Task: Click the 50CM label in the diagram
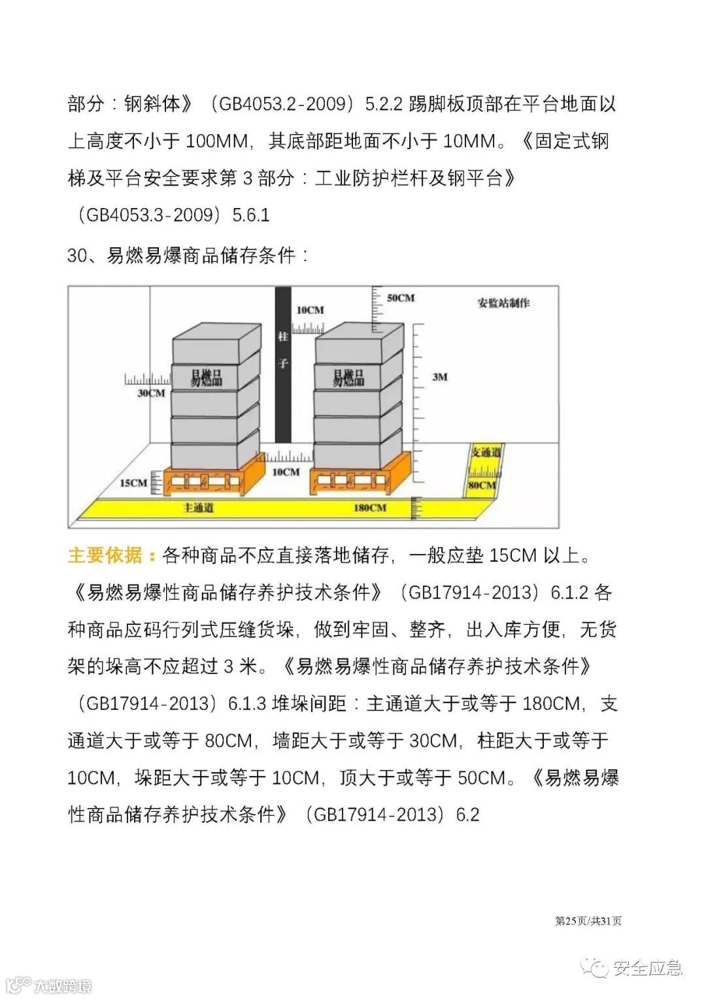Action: point(400,298)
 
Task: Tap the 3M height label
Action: point(439,377)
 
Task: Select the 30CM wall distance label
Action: point(151,393)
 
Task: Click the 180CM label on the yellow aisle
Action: point(369,508)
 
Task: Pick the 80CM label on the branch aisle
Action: point(482,485)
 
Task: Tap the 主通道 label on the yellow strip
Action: point(198,508)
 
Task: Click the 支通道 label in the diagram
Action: point(486,452)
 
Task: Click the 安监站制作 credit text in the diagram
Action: point(503,303)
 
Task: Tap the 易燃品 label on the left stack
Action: point(206,377)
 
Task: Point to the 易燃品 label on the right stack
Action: point(348,377)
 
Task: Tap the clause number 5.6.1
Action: point(251,215)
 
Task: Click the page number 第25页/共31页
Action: point(588,920)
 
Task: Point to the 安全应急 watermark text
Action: point(647,968)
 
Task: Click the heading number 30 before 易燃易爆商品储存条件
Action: point(76,256)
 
